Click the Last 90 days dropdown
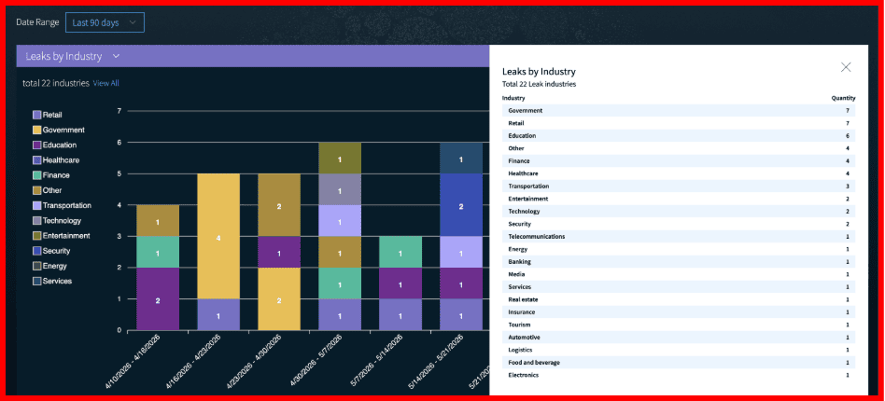(x=105, y=22)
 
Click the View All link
(x=106, y=84)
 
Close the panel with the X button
(x=846, y=67)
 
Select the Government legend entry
(x=59, y=130)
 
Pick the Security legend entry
(x=51, y=251)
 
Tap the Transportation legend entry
(x=63, y=205)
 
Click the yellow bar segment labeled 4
(x=218, y=236)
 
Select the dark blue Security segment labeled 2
(x=461, y=205)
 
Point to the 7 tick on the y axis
(x=119, y=111)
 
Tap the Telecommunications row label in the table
(x=536, y=237)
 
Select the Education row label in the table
(x=522, y=136)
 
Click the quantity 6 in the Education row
(x=847, y=136)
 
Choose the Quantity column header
(x=843, y=98)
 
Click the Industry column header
(x=513, y=98)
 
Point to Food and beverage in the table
(x=534, y=363)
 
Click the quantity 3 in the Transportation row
(x=847, y=187)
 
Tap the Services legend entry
(x=52, y=281)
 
